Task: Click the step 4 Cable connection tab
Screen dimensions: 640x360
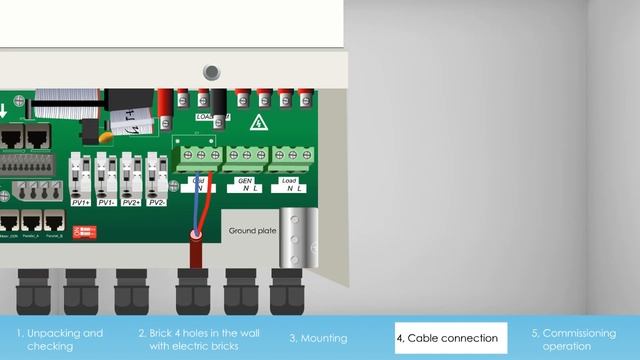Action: pyautogui.click(x=451, y=338)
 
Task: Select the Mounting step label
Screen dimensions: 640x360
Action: pyautogui.click(x=318, y=338)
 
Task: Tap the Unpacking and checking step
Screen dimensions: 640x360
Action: pyautogui.click(x=59, y=339)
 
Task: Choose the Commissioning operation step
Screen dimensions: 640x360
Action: pyautogui.click(x=581, y=339)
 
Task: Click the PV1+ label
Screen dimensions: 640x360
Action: pyautogui.click(x=80, y=202)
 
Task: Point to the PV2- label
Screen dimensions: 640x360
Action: pyautogui.click(x=156, y=202)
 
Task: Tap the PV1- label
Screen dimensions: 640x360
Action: pyautogui.click(x=105, y=202)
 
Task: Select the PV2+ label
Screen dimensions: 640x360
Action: pyautogui.click(x=130, y=202)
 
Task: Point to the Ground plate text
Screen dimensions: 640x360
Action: pyautogui.click(x=252, y=230)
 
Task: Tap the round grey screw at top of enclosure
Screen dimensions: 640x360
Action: pyautogui.click(x=211, y=72)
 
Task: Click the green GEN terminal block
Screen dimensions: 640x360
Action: pyautogui.click(x=245, y=156)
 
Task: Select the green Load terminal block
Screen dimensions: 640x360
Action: pyautogui.click(x=291, y=156)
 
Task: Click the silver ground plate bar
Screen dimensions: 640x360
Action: pyautogui.click(x=296, y=238)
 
